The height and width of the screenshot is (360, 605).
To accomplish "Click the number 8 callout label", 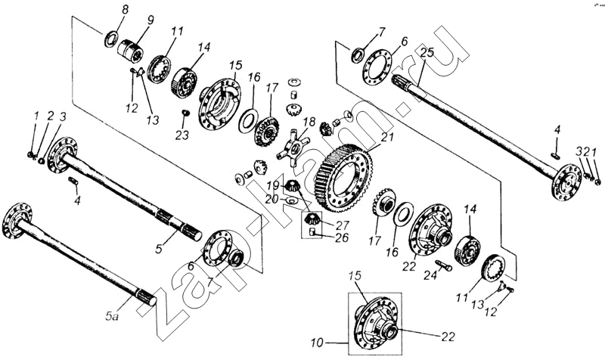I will coord(126,9).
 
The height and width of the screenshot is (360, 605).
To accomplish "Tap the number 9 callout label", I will coord(150,19).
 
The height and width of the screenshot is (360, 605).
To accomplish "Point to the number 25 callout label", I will coord(427,53).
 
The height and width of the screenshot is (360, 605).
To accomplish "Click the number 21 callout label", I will coord(387,137).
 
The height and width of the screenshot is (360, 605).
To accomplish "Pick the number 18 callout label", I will coord(308,122).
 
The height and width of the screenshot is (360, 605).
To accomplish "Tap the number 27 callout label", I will coord(343,225).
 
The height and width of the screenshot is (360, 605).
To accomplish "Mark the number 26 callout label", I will coord(343,237).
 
